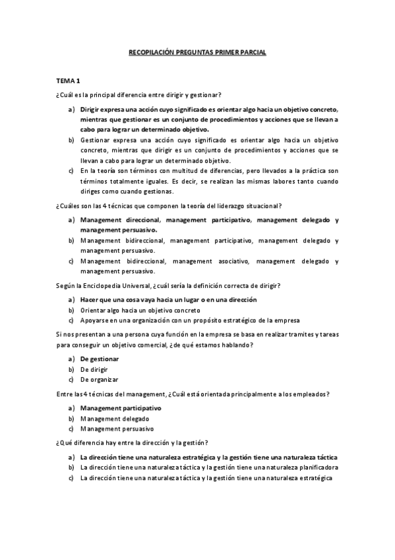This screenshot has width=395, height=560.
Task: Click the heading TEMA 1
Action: pos(68,81)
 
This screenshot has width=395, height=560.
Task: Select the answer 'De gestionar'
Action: pos(100,359)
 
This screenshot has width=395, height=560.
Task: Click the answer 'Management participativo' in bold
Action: pos(121,408)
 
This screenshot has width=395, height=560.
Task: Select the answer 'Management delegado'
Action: pos(115,419)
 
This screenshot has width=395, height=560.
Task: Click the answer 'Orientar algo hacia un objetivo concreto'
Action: pos(140,310)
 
